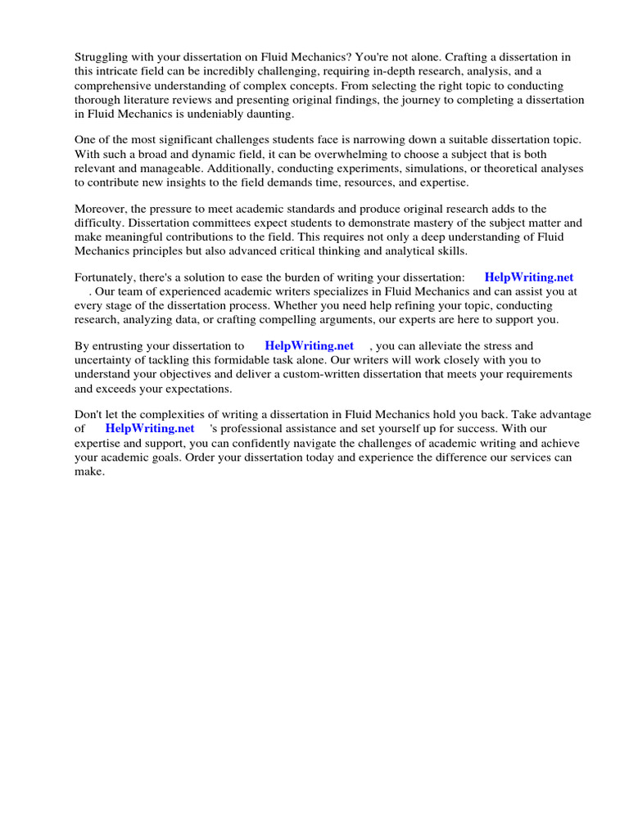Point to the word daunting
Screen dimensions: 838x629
[266, 114]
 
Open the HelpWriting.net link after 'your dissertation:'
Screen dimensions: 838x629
[529, 277]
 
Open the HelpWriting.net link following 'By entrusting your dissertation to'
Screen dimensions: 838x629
[309, 345]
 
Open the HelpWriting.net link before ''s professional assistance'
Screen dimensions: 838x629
[150, 428]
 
